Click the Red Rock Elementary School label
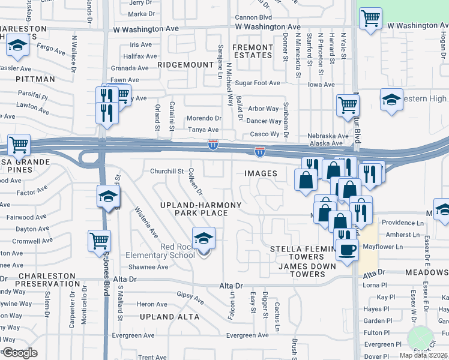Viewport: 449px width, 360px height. click(177, 251)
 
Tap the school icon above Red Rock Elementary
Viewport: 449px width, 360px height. click(203, 239)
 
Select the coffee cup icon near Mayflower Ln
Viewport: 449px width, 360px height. click(347, 249)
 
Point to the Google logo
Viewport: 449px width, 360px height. click(20, 352)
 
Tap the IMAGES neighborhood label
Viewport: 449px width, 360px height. click(261, 173)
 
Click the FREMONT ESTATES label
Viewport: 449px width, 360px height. click(252, 51)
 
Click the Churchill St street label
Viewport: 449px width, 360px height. click(166, 171)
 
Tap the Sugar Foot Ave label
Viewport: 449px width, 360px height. click(258, 83)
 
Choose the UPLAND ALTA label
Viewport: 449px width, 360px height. click(164, 316)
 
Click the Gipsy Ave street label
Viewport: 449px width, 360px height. click(190, 297)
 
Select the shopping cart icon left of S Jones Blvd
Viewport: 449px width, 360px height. click(99, 241)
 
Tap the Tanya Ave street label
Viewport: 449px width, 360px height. click(203, 130)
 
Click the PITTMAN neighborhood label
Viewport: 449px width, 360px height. click(35, 79)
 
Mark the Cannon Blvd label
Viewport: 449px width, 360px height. click(253, 17)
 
